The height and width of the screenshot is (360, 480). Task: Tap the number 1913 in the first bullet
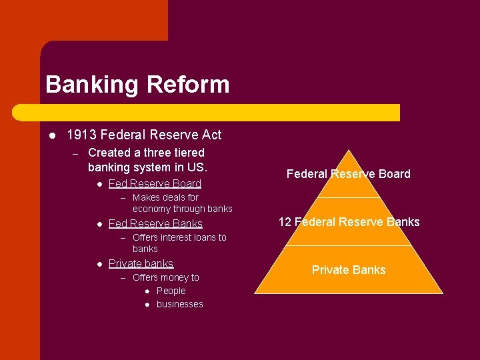(81, 135)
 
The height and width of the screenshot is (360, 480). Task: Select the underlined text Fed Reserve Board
(155, 183)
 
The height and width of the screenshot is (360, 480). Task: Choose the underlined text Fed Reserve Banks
(155, 223)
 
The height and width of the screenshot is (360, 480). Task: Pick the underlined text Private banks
(141, 263)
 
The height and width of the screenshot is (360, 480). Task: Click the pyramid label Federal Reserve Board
(349, 174)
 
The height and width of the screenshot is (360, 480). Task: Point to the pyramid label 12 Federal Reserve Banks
(349, 222)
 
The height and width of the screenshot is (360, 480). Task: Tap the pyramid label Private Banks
(349, 270)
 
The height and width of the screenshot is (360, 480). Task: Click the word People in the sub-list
(171, 291)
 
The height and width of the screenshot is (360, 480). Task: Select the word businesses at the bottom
(180, 304)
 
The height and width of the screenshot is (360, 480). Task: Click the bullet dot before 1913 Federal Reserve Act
(51, 135)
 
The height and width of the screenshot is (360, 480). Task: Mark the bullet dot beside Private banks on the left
(98, 264)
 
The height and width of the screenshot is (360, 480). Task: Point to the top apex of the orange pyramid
(349, 151)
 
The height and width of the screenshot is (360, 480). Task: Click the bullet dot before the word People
(147, 291)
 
